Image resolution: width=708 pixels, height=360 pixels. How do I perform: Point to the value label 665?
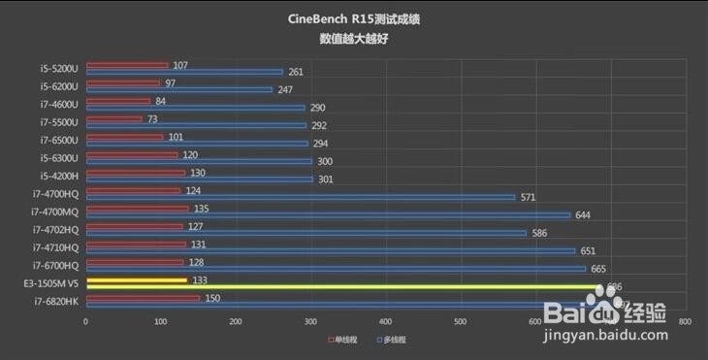(598, 269)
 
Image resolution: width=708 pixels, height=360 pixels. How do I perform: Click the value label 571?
(529, 197)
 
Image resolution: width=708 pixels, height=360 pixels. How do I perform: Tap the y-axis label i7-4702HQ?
(55, 229)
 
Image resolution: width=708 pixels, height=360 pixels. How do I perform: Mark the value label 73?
(153, 120)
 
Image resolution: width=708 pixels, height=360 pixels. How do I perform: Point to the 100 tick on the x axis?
(160, 321)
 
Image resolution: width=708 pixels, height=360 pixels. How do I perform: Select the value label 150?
(212, 299)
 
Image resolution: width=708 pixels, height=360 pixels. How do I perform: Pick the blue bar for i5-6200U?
(179, 89)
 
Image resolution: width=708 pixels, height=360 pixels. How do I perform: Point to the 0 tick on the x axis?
(85, 321)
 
